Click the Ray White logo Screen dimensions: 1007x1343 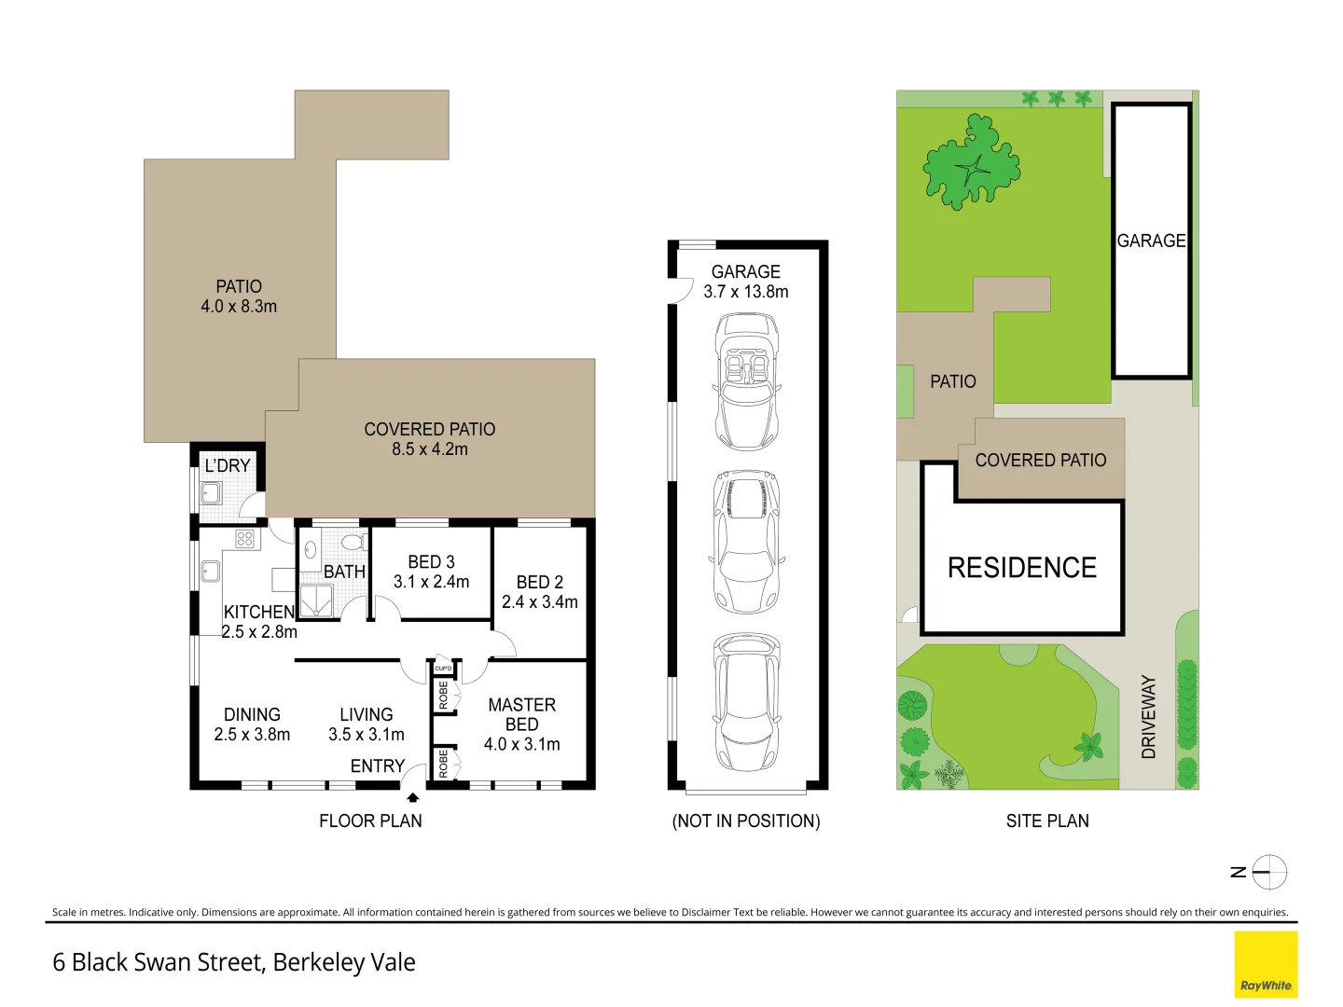coord(1266,964)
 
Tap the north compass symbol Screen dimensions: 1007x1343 coord(1268,873)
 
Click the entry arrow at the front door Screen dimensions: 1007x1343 coord(412,797)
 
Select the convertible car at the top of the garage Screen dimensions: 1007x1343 coord(746,381)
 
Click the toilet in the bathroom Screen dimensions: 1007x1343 coord(352,542)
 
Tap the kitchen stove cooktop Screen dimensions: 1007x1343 coord(244,539)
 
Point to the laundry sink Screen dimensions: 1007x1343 coord(211,492)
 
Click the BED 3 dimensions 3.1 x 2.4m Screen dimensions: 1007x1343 coord(431,582)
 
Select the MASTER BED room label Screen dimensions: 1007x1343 coord(521,714)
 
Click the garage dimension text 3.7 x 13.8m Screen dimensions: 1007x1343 coord(746,292)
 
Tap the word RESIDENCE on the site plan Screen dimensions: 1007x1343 coord(1022,568)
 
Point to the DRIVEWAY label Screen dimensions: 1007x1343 coord(1148,716)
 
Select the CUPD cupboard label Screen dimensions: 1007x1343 coord(443,669)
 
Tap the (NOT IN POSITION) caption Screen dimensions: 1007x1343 coord(746,821)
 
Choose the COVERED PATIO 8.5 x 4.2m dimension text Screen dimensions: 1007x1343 coord(430,449)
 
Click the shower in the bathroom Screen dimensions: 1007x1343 coord(317,601)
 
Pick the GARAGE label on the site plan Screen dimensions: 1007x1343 coord(1151,241)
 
